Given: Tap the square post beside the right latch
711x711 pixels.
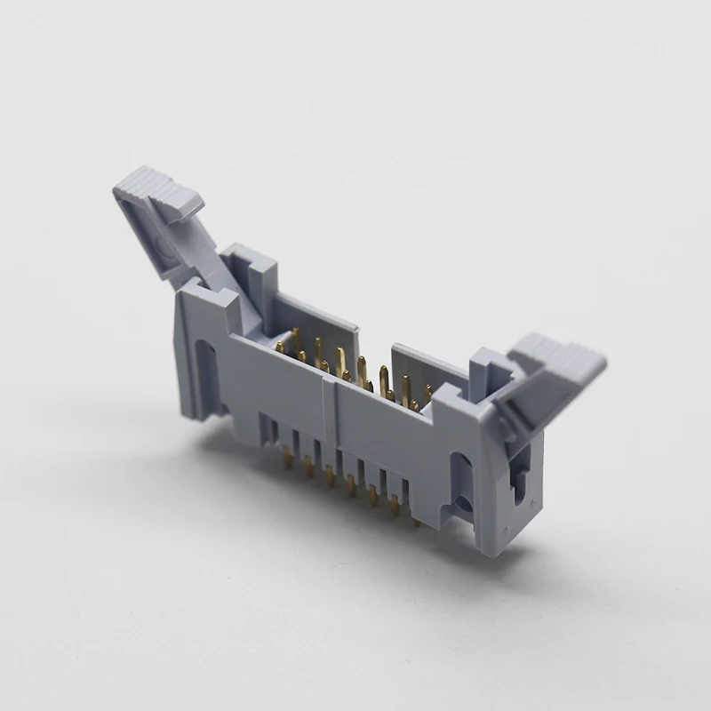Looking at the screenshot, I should (x=488, y=373).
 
